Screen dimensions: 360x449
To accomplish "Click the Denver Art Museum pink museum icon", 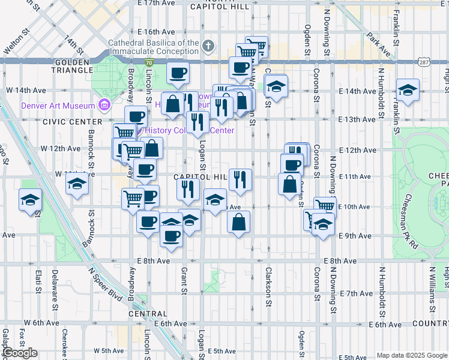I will point(104,106).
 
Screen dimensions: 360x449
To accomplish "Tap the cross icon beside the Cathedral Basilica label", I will point(208,46).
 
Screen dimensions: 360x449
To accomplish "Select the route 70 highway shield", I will point(148,62).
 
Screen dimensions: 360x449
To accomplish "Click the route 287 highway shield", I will point(424,62).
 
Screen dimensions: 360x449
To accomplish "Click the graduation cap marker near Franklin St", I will point(408,91).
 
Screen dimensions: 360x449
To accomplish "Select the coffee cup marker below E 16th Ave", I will point(178,74).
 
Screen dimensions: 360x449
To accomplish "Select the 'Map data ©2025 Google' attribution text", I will point(411,355).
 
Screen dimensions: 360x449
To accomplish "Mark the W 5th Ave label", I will point(108,350).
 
